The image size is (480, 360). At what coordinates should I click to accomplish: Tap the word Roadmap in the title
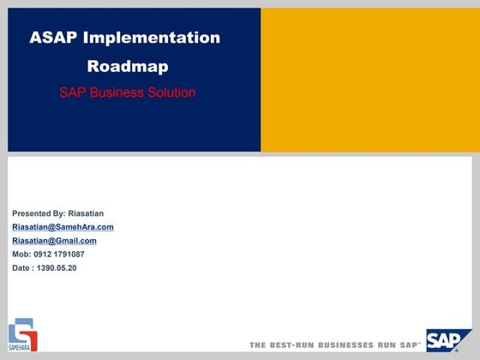[128, 66]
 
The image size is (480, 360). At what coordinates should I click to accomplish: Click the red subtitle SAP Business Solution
[127, 93]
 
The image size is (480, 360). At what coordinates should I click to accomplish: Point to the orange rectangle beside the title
[366, 80]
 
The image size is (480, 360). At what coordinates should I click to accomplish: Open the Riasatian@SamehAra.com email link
[63, 227]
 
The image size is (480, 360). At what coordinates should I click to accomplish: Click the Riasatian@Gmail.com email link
[54, 241]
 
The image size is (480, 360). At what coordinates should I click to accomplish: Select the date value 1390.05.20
[57, 268]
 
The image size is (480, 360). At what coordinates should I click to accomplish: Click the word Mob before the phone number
[21, 255]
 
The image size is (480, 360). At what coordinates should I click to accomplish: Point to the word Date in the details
[21, 268]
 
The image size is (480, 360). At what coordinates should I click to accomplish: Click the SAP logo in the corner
[448, 339]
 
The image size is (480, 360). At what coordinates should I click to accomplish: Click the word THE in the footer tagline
[258, 345]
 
